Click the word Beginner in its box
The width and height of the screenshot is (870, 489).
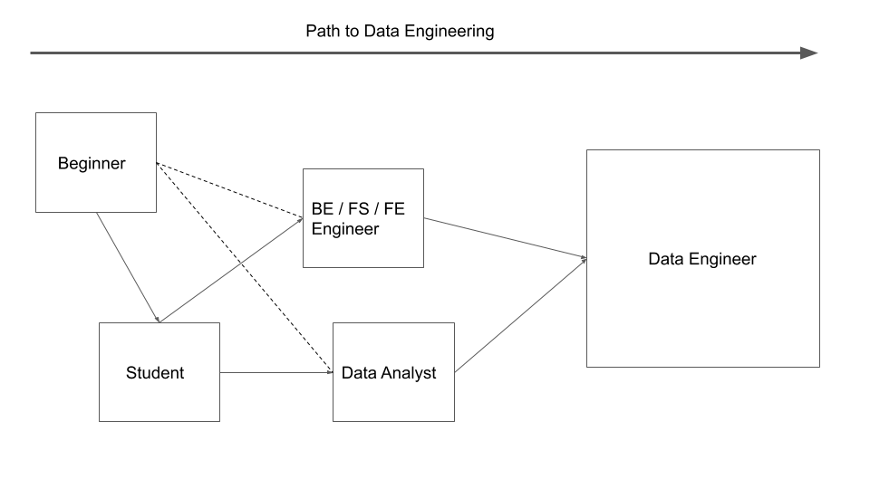click(x=92, y=164)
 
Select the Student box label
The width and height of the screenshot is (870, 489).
click(x=155, y=372)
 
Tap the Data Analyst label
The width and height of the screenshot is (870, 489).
click(x=389, y=372)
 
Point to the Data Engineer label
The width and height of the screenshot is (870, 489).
click(x=701, y=259)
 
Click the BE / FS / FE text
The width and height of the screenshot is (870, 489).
click(x=358, y=209)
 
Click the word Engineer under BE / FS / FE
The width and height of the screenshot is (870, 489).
click(x=344, y=229)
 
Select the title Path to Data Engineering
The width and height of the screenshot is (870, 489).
click(x=400, y=31)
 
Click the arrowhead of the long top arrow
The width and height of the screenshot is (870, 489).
click(x=809, y=53)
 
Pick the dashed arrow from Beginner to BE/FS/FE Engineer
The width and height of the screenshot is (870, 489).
click(x=229, y=190)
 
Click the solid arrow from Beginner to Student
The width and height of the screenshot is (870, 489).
click(x=129, y=268)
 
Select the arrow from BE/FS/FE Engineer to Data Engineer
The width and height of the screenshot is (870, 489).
click(x=505, y=238)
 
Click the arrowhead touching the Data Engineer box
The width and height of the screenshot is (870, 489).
click(x=584, y=259)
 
